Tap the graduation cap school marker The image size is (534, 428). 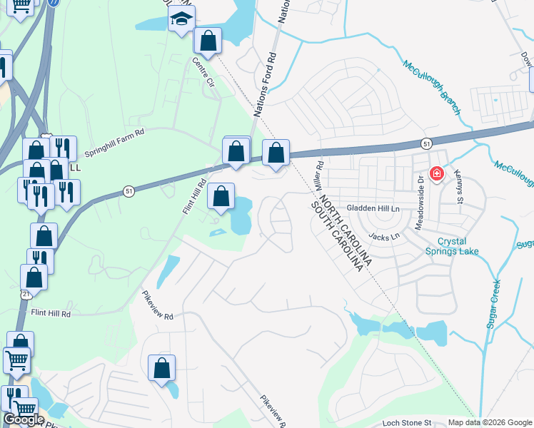[x=182, y=19]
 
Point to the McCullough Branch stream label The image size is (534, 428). [x=432, y=88]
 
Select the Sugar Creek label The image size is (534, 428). [x=494, y=304]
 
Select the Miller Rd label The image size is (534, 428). [x=318, y=174]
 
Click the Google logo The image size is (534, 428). [x=24, y=420]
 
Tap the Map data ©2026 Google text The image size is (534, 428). [x=490, y=422]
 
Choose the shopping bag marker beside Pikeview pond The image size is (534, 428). [x=162, y=368]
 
